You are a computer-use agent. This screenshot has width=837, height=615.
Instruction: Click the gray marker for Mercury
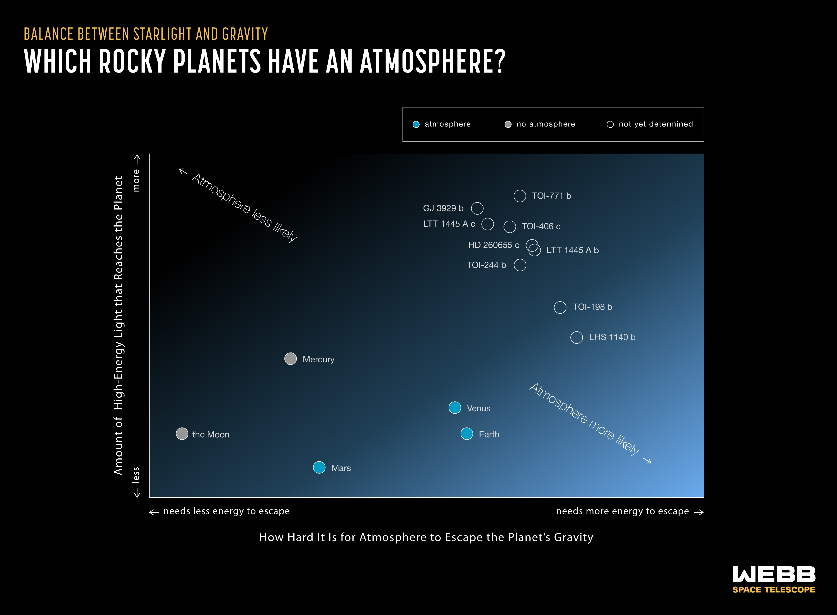(291, 358)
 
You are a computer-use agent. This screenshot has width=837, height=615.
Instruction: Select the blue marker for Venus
(455, 408)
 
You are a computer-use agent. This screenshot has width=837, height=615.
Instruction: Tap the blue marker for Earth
(467, 434)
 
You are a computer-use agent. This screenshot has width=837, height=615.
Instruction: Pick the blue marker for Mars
(319, 468)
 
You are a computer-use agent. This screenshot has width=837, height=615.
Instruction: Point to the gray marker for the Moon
(182, 434)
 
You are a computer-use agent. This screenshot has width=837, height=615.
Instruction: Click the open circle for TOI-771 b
(520, 196)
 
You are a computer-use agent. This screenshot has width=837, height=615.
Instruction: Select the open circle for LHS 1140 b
(577, 337)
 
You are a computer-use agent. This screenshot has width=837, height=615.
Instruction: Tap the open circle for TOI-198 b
(560, 307)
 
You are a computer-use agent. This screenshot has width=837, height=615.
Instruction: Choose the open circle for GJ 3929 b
(477, 208)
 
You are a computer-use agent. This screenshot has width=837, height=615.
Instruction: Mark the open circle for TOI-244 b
(520, 265)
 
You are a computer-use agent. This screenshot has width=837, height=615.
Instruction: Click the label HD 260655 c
(493, 245)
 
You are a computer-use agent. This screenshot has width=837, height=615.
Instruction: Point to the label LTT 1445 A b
(573, 250)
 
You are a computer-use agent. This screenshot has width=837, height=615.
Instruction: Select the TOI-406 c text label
(541, 226)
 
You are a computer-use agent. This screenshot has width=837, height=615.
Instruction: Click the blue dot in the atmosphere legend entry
(416, 124)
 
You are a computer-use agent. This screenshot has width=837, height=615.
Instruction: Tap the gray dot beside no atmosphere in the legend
(508, 124)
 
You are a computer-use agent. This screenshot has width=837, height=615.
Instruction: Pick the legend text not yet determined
(656, 124)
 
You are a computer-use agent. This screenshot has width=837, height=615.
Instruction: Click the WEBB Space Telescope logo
(774, 580)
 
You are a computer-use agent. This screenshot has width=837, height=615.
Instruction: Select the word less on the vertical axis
(136, 475)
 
